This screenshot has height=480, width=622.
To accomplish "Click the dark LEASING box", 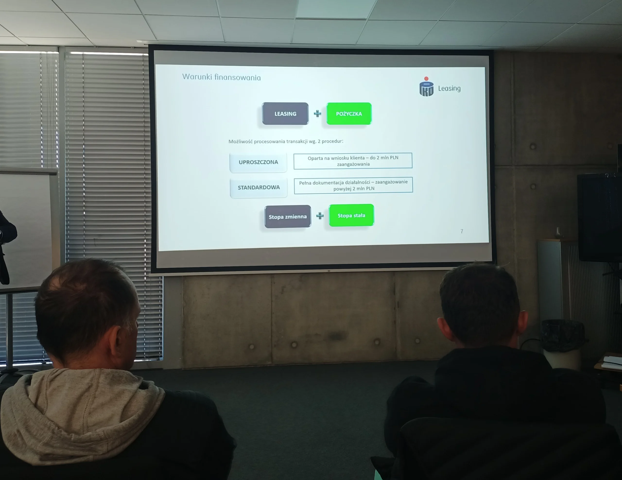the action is (285, 114).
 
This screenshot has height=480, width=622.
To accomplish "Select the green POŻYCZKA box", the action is (349, 114).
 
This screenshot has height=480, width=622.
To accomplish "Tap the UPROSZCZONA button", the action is (258, 162).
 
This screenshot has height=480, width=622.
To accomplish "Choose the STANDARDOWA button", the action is (259, 187).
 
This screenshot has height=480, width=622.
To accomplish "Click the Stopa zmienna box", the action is (288, 217).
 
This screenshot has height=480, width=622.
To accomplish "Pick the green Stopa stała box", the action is (351, 215).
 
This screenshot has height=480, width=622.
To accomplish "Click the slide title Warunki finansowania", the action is (222, 77).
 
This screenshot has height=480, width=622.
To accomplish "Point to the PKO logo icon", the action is (426, 86).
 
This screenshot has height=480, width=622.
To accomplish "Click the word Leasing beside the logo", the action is (449, 88).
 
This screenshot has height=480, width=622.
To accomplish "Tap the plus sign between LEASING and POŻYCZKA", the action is (318, 114).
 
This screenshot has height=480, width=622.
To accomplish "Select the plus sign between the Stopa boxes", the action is (320, 216).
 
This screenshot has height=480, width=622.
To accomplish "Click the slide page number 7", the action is (462, 231).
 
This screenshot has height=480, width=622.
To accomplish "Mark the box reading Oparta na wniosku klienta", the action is (353, 161).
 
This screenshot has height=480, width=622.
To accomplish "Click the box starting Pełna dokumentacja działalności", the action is (354, 185).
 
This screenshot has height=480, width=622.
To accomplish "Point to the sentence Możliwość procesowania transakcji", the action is (286, 141).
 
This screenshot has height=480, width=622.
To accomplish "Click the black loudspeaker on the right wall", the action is (599, 218).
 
